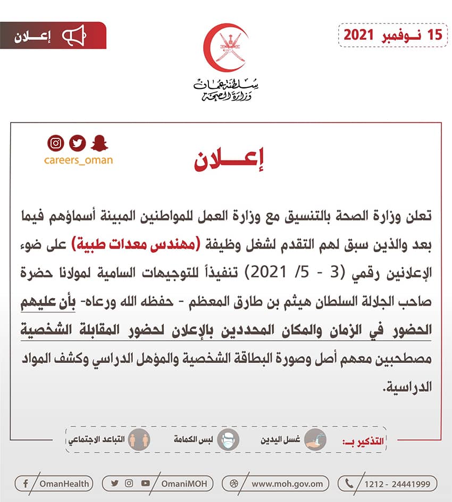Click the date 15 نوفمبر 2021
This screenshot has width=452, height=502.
tap(392, 35)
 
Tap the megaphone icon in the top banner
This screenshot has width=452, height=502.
tap(74, 36)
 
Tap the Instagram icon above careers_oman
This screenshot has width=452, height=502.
tap(55, 143)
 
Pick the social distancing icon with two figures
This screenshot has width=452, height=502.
tap(141, 440)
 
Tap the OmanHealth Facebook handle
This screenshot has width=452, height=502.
tap(64, 483)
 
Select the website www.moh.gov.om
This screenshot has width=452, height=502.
tap(287, 483)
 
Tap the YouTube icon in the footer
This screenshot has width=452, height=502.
tap(145, 483)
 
